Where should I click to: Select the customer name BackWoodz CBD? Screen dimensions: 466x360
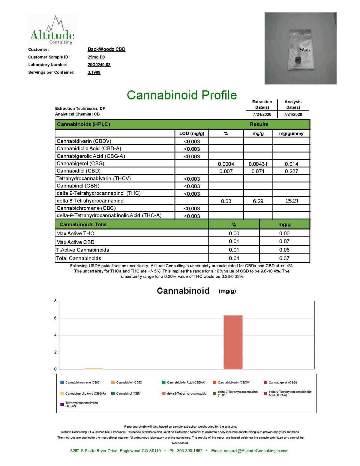click(106, 49)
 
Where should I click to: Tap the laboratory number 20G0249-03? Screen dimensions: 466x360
click(99, 65)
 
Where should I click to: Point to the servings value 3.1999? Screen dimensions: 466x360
click(94, 72)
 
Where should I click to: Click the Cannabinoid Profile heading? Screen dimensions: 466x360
click(182, 95)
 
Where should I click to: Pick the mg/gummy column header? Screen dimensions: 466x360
click(291, 134)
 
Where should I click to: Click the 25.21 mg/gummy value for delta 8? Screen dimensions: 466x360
click(292, 201)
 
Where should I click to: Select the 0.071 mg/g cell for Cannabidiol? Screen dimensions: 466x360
click(258, 171)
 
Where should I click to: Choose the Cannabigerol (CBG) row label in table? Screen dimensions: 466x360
click(80, 164)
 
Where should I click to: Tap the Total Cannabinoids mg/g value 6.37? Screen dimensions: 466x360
click(284, 258)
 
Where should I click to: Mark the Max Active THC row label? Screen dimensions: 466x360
click(75, 233)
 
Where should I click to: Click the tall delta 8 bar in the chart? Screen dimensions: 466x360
click(233, 342)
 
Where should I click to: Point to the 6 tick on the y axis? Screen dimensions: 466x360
click(55, 318)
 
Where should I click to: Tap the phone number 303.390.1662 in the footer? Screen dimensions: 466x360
click(186, 451)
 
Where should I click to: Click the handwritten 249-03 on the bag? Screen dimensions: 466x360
click(304, 50)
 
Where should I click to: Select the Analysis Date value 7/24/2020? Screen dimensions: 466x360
click(293, 114)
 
